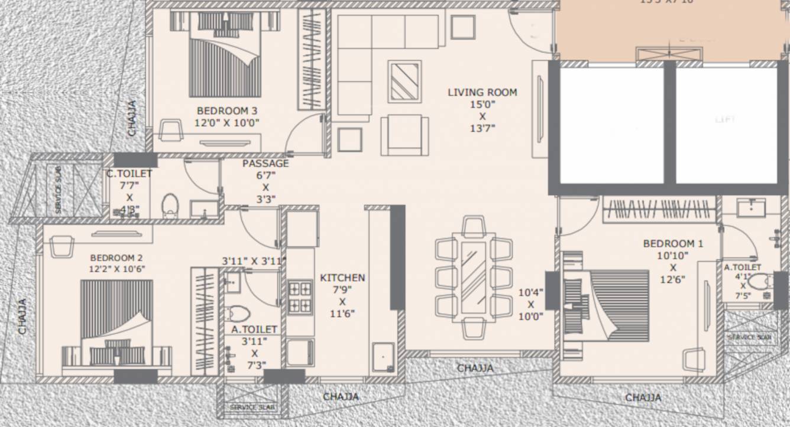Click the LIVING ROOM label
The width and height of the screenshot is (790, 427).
tap(482, 92)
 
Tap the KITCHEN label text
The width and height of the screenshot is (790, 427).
tap(342, 278)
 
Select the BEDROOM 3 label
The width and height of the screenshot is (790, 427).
tap(227, 110)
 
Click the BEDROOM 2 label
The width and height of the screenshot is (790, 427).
tap(116, 257)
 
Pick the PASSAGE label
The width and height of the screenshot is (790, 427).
tap(266, 164)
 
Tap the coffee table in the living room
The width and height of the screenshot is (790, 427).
tap(405, 81)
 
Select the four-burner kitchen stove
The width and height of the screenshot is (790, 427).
tap(300, 297)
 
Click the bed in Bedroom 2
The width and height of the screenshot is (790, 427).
tap(116, 322)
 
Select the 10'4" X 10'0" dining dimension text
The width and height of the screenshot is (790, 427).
tap(530, 304)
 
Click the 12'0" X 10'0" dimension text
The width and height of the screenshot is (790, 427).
tap(227, 123)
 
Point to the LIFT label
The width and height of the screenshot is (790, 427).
tap(725, 119)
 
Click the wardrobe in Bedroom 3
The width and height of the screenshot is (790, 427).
tap(311, 59)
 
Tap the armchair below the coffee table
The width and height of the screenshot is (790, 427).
tap(404, 135)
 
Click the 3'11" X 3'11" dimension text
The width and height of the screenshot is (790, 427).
tap(254, 260)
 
